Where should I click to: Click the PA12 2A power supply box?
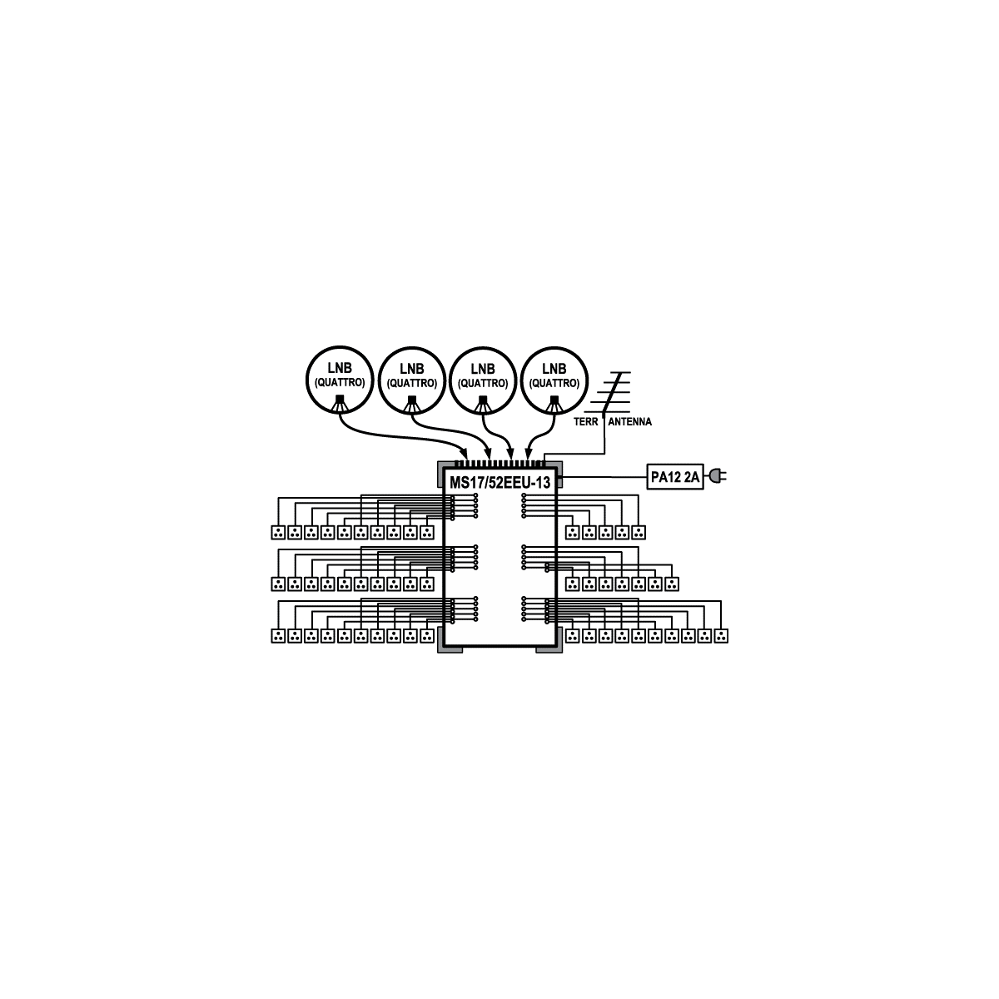(x=674, y=476)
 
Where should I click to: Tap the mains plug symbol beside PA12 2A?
(x=717, y=475)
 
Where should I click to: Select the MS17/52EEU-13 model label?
(x=499, y=483)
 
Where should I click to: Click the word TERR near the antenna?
(x=586, y=422)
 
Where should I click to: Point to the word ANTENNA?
(x=629, y=422)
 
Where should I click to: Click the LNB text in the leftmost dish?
(x=340, y=368)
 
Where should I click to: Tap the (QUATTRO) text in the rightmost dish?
(x=554, y=383)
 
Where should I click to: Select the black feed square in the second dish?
(x=411, y=400)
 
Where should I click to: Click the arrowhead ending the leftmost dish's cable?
(x=465, y=454)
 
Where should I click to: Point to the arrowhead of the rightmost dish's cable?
(x=529, y=454)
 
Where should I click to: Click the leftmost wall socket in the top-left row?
(x=278, y=532)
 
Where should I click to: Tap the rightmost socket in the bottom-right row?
(x=721, y=635)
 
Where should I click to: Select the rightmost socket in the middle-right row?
(x=671, y=584)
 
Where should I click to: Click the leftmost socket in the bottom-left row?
(x=278, y=635)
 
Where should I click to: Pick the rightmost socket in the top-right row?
(x=639, y=532)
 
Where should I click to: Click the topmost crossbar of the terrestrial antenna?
(x=620, y=372)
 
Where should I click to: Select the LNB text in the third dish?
(x=483, y=369)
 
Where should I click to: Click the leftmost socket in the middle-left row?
(x=278, y=584)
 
